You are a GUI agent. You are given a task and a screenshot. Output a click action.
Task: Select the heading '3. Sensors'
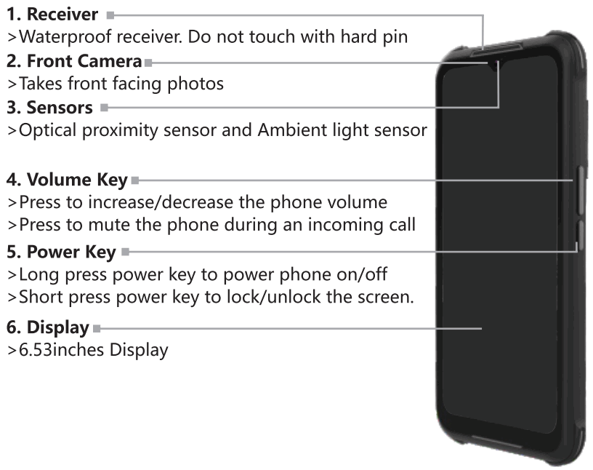tap(49, 108)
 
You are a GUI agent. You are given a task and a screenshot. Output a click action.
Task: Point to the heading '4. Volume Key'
tap(67, 179)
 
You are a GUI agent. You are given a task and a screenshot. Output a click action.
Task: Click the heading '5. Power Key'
tap(61, 252)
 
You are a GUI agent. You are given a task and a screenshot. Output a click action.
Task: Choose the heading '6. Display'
tap(47, 327)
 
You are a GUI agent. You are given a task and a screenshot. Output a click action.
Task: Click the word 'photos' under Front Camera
tap(198, 84)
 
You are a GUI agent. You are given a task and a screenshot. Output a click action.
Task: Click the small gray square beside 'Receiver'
tap(110, 15)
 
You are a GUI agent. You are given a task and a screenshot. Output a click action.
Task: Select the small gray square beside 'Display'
tap(97, 328)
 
